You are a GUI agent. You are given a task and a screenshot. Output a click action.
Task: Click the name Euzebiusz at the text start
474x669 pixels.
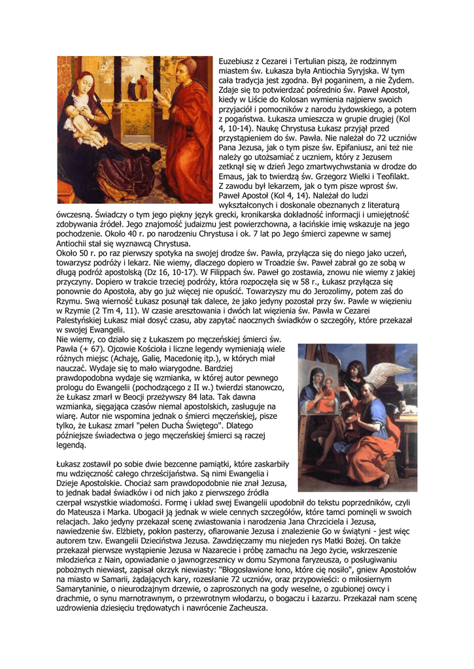[x=237, y=60]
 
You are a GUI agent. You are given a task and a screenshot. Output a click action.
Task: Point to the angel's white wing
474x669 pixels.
[x=396, y=368]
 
